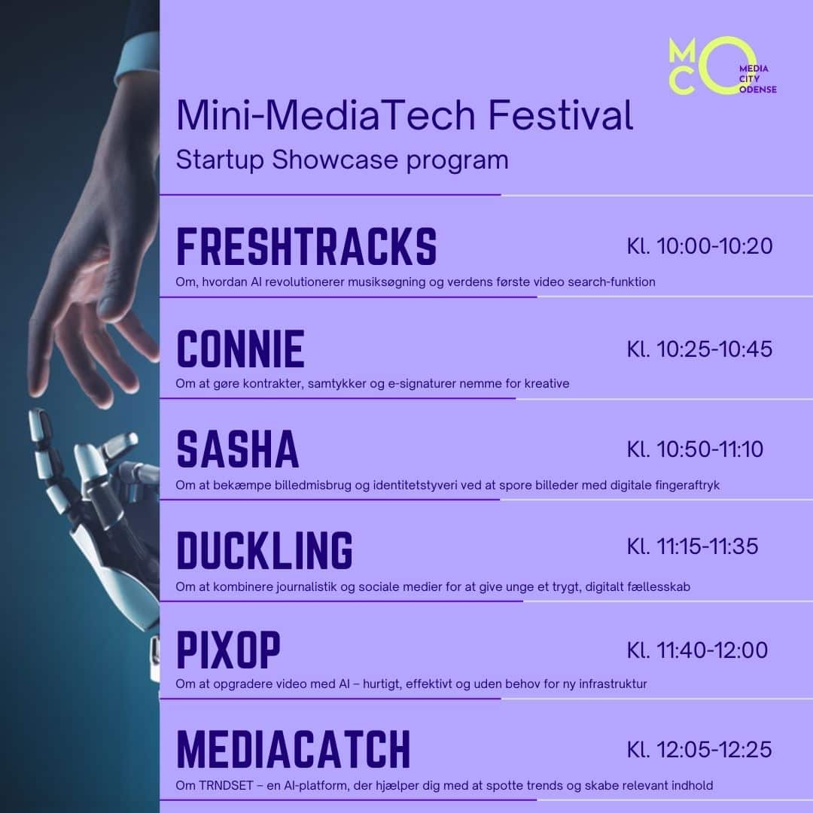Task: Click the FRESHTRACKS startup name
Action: click(x=306, y=246)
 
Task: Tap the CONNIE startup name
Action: click(x=240, y=349)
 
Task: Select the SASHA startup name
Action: click(x=237, y=449)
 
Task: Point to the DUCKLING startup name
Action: click(x=264, y=550)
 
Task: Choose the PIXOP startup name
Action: click(x=228, y=650)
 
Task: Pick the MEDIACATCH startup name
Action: click(x=294, y=749)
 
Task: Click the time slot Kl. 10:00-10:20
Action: click(x=699, y=245)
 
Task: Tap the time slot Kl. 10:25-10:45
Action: click(x=699, y=349)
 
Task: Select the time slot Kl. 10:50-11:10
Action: click(x=695, y=449)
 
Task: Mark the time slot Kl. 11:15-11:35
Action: click(x=693, y=546)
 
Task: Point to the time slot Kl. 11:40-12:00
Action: click(x=697, y=650)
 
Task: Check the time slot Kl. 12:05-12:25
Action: click(x=699, y=749)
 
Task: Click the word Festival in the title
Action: click(x=561, y=114)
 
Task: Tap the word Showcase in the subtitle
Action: click(x=334, y=159)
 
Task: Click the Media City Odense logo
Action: click(x=722, y=65)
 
